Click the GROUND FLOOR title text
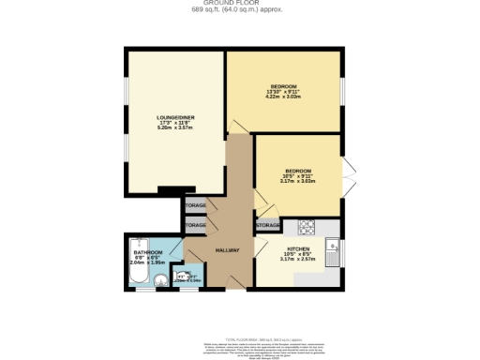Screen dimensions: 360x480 (239, 3)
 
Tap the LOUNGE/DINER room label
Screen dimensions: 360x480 (174, 117)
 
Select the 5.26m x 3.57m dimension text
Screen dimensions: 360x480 (174, 128)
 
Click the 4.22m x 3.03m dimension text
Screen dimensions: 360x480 (283, 96)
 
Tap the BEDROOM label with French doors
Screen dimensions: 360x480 (298, 171)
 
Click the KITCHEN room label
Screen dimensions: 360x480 (298, 248)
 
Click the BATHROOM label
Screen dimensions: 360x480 (147, 253)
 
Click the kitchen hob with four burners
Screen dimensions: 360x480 (306, 228)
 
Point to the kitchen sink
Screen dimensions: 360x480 (331, 251)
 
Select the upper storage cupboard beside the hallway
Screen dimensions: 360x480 (196, 204)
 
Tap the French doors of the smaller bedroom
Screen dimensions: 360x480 (349, 178)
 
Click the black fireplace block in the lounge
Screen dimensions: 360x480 (171, 191)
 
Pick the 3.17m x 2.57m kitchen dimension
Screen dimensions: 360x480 (298, 260)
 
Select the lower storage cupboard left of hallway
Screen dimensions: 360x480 (196, 226)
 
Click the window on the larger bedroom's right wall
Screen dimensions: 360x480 (342, 91)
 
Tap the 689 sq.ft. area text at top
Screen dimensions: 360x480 (239, 10)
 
